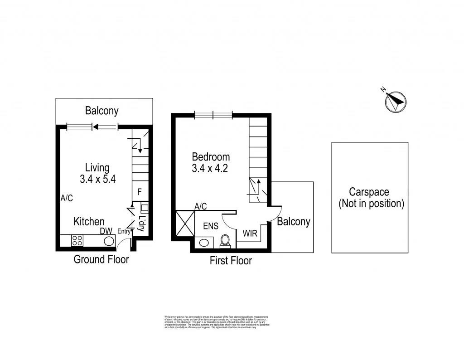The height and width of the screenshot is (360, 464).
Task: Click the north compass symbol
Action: (x=396, y=101)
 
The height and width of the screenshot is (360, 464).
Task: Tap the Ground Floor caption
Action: (x=101, y=259)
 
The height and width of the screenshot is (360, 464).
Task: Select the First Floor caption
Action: (x=231, y=261)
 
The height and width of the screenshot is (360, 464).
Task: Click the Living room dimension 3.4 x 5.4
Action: (x=98, y=179)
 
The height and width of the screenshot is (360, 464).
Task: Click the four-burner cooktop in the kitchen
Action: (x=77, y=241)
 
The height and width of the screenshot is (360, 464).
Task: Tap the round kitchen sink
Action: (x=109, y=241)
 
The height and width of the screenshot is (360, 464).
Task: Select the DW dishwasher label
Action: (x=106, y=231)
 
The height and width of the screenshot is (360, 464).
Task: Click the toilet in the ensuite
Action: (x=225, y=242)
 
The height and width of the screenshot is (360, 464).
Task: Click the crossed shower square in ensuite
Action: (x=184, y=224)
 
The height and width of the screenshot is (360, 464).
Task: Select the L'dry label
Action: (x=141, y=224)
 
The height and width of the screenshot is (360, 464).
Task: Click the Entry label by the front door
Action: (x=124, y=232)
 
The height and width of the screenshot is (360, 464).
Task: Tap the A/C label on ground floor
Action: (x=67, y=198)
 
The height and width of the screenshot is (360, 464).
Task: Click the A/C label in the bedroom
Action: (x=200, y=206)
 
